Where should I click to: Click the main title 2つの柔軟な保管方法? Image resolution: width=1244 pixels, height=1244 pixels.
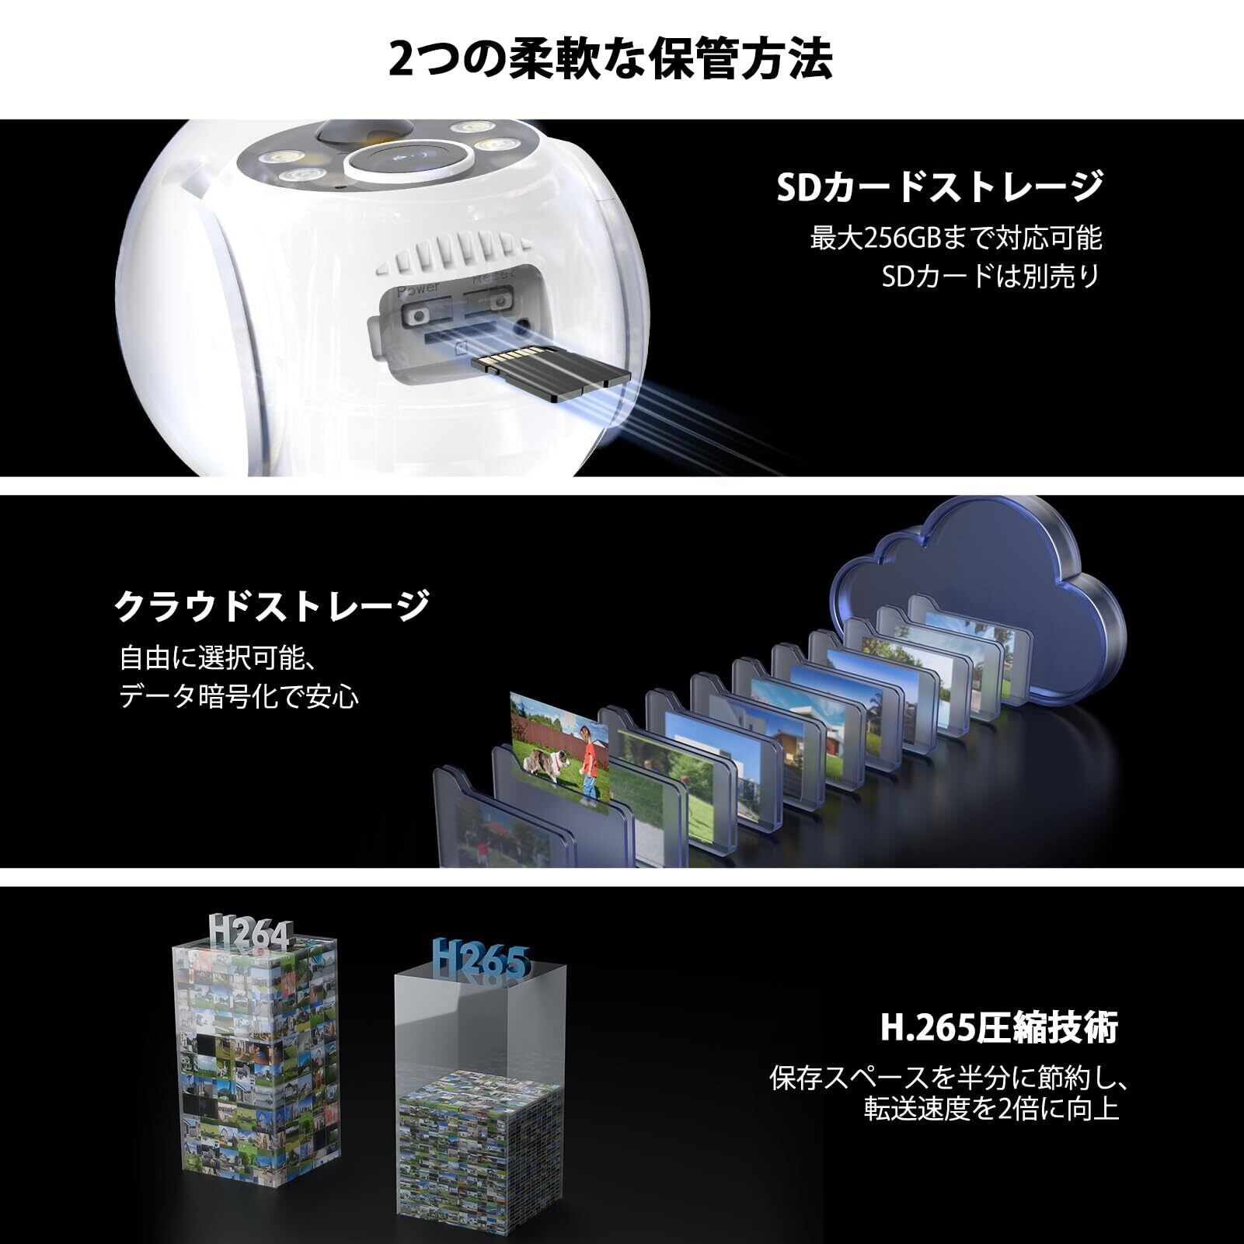click(610, 59)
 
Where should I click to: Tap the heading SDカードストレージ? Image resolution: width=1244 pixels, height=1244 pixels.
click(939, 186)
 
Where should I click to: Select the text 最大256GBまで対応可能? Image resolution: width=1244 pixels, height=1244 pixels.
click(956, 238)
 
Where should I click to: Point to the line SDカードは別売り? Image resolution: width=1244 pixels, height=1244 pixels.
click(991, 276)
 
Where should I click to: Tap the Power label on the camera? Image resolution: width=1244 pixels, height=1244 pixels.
click(418, 288)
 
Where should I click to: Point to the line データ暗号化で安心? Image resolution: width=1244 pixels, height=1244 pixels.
click(239, 696)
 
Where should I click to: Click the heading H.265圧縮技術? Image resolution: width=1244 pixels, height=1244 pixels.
click(998, 1028)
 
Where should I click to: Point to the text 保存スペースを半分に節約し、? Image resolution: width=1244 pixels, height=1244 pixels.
click(948, 1078)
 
